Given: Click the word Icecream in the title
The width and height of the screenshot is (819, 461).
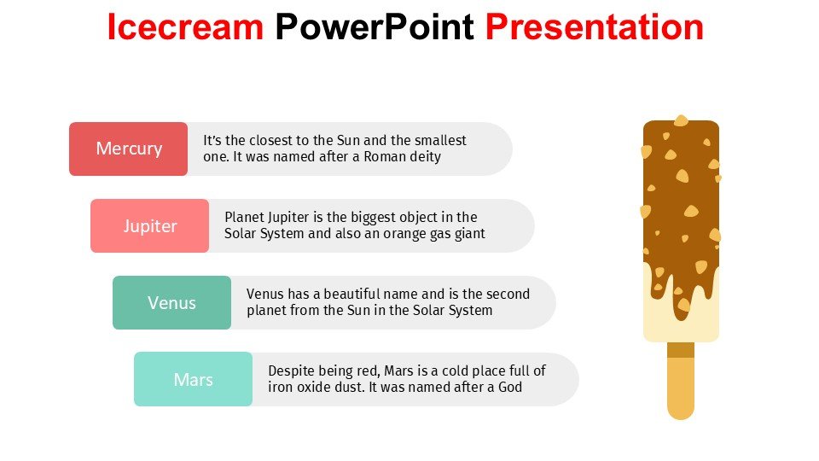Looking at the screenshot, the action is tap(185, 26).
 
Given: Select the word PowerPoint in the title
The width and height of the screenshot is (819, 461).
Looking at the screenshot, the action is tap(375, 26).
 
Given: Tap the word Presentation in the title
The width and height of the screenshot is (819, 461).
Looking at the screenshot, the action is tap(595, 26).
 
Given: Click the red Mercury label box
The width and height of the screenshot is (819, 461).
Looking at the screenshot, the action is tap(129, 149).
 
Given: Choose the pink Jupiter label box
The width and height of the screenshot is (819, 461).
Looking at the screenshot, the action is tap(150, 225).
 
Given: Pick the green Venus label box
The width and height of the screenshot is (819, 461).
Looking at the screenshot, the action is tap(171, 302).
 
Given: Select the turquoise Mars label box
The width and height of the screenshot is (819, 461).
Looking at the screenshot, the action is tap(194, 379).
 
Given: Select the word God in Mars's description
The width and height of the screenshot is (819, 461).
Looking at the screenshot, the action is tap(510, 388).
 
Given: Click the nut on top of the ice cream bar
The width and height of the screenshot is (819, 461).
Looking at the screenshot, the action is tap(681, 120).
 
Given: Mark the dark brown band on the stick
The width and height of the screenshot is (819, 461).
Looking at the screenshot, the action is tap(681, 350).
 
